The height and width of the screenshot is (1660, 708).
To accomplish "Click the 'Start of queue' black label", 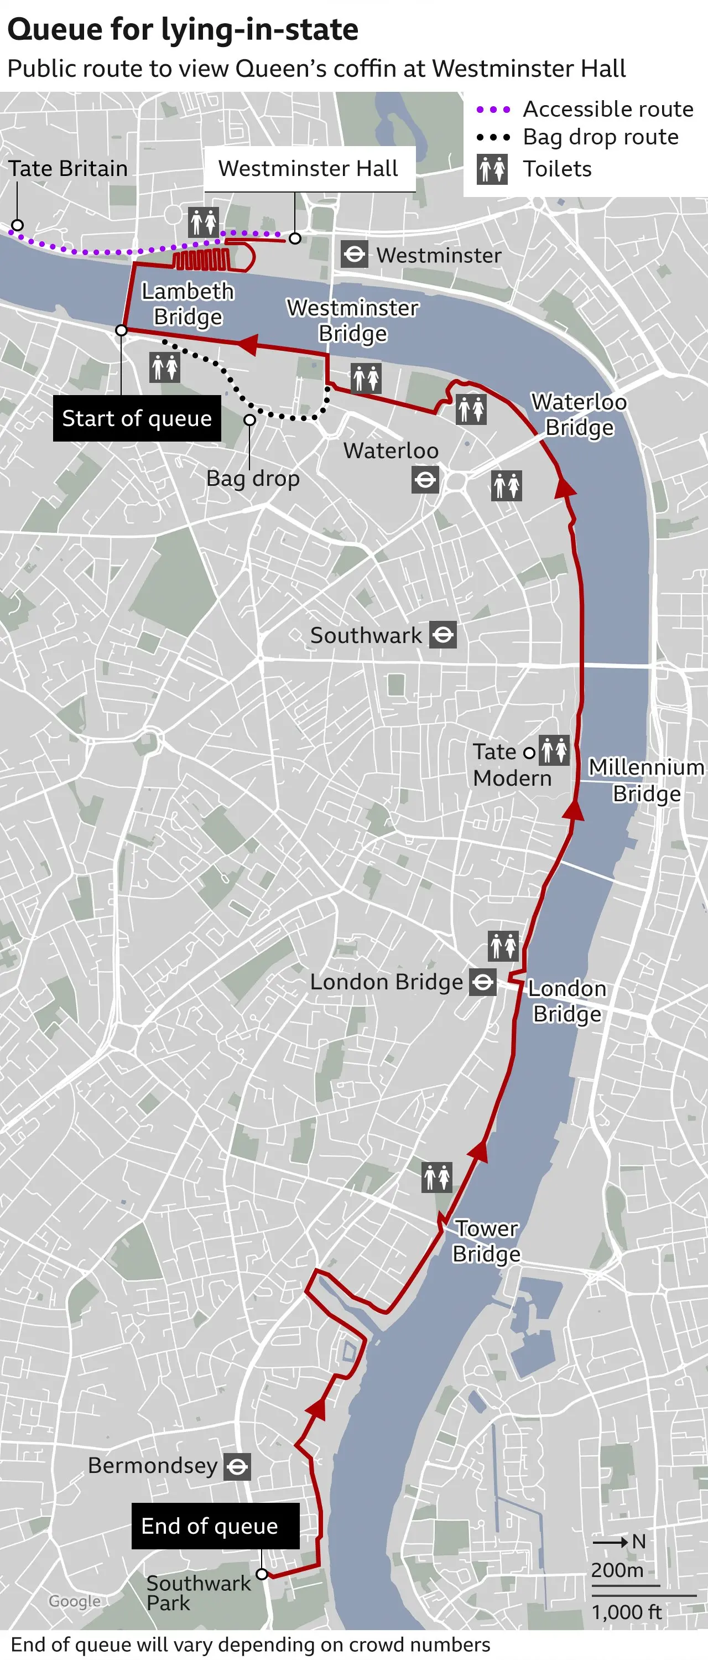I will [x=137, y=418].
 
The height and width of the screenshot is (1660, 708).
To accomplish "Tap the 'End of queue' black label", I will [x=215, y=1526].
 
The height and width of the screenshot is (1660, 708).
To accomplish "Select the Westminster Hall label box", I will [x=308, y=169].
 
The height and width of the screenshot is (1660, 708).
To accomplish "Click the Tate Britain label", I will [x=67, y=169].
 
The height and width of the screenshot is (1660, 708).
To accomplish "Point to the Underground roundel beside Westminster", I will [x=355, y=255].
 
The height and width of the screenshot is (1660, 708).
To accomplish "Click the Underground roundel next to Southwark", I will [x=442, y=635].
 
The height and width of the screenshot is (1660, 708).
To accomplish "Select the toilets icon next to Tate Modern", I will [x=554, y=750].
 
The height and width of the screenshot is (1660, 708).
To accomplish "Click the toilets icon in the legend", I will [x=492, y=169].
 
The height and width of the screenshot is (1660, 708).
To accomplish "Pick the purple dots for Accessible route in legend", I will [x=493, y=110].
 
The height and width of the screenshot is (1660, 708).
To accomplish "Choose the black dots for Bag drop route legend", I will [x=493, y=137].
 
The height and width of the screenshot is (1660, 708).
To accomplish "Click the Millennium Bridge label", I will [x=646, y=780].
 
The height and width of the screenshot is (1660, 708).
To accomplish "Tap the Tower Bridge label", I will [x=486, y=1241].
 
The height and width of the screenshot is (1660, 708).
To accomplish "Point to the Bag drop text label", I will [x=253, y=479].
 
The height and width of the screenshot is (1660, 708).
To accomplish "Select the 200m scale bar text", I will [x=617, y=1570].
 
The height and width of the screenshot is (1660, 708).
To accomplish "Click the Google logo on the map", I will [x=75, y=1601].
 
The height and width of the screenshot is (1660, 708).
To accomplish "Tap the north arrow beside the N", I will [x=610, y=1542].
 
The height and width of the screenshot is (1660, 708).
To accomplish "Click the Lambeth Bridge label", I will [x=188, y=304].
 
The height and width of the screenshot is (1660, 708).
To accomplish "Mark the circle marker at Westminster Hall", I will [x=294, y=238].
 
